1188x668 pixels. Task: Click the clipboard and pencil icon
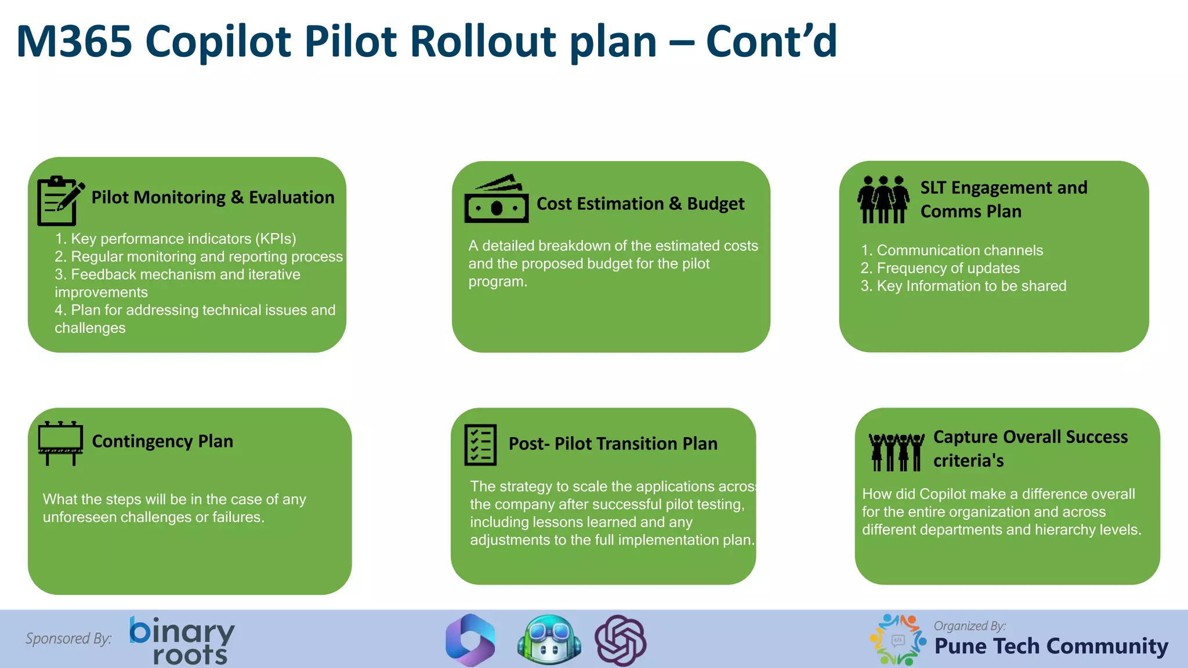coord(60,201)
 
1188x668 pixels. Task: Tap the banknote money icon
coord(497,199)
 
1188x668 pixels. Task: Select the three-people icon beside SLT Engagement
coord(883,199)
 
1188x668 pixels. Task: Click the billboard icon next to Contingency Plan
coord(60,443)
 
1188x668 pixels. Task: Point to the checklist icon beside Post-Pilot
coord(480,445)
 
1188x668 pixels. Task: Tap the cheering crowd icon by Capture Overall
coord(897,452)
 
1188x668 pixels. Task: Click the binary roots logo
coord(182,640)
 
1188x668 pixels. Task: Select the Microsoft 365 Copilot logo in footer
coord(470,640)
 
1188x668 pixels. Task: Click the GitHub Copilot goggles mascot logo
coord(549,640)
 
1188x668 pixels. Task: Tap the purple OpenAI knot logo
coord(621,640)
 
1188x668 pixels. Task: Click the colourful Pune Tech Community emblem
coord(898,640)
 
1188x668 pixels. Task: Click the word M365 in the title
coord(74,42)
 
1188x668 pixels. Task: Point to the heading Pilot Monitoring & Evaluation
coord(213,198)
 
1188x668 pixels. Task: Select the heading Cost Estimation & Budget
coord(640,204)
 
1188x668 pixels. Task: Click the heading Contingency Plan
coord(162,442)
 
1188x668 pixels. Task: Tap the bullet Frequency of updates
coord(948,268)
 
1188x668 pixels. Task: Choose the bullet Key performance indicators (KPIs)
coord(183,239)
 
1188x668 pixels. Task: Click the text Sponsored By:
coord(68,638)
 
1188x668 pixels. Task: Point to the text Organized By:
coord(970,626)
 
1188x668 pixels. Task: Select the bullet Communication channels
coord(959,251)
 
